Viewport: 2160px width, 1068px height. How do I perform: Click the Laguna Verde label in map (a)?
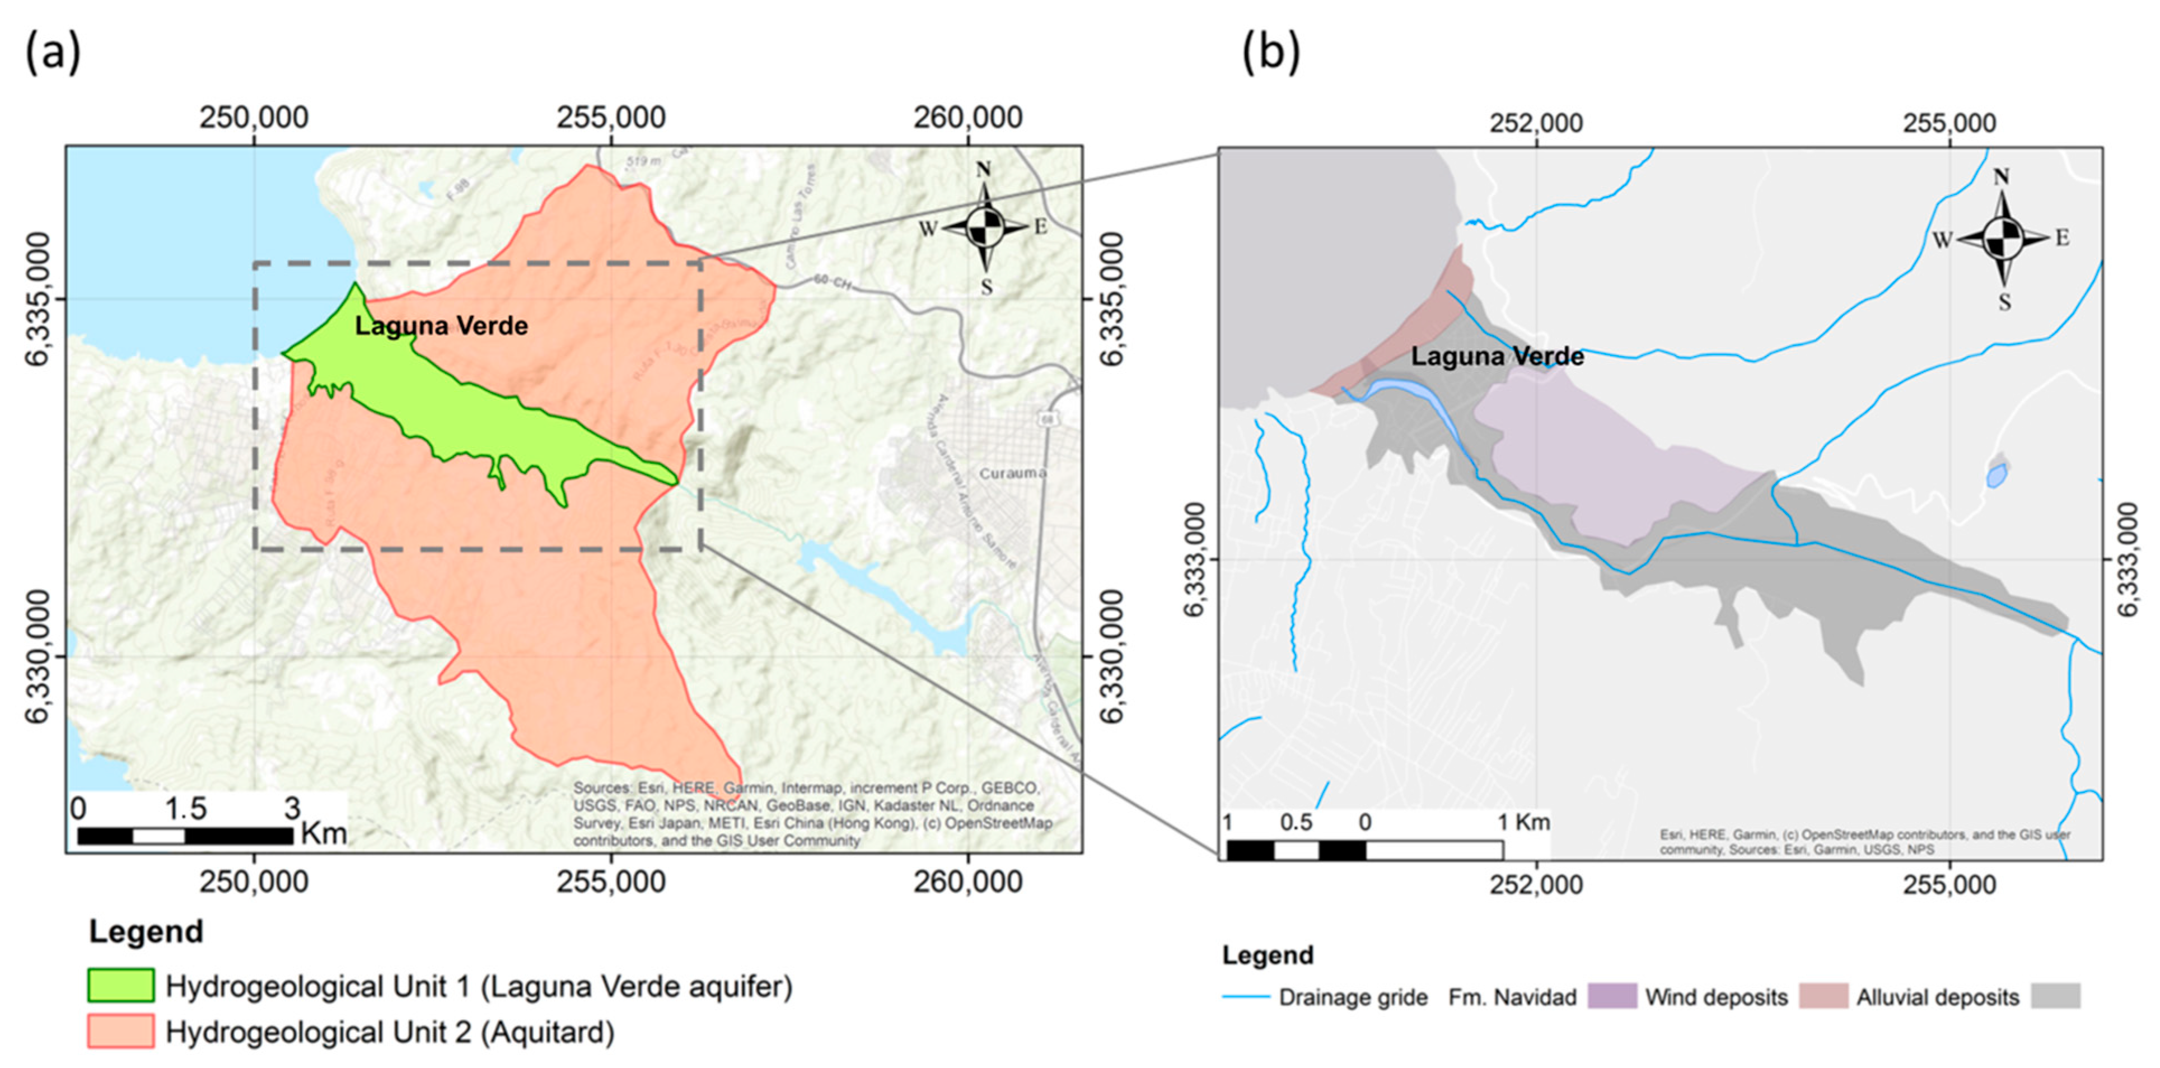[x=441, y=325]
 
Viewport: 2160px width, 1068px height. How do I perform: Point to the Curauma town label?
[x=1013, y=473]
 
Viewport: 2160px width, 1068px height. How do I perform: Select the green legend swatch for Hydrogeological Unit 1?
[x=121, y=986]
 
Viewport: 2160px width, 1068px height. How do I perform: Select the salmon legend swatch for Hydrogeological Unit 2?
[x=121, y=1031]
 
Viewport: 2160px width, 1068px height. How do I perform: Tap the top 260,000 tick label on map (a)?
[x=967, y=118]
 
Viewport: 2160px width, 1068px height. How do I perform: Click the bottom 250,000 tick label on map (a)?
[x=254, y=882]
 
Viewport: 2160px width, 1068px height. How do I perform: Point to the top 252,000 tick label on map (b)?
[x=1536, y=123]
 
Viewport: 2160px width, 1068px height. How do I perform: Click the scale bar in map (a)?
[x=184, y=836]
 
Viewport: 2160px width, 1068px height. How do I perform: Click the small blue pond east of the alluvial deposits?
[x=1997, y=475]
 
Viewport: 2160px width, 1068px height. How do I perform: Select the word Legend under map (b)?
[x=1267, y=955]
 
